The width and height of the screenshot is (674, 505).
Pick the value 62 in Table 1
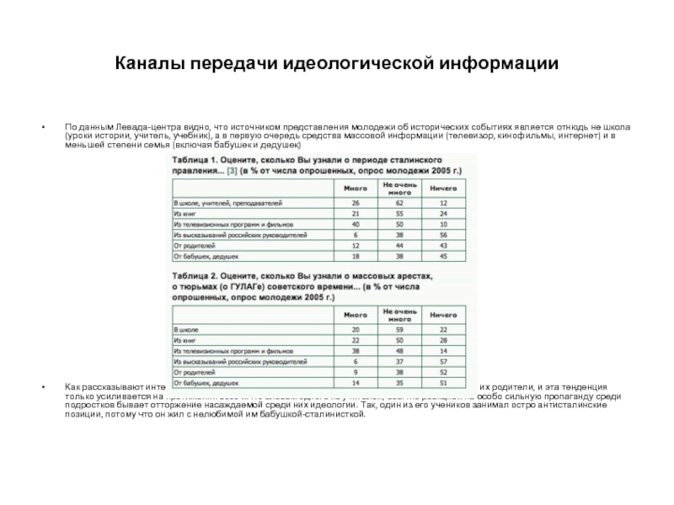pyautogui.click(x=399, y=203)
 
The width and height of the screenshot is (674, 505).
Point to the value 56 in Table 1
pyautogui.click(x=444, y=235)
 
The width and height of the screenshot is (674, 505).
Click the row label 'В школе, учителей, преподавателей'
pyautogui.click(x=227, y=203)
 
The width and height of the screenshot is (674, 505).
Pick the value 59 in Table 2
pyautogui.click(x=399, y=329)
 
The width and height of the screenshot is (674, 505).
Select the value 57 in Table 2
pyautogui.click(x=444, y=360)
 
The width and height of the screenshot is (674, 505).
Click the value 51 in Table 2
pyautogui.click(x=444, y=381)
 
